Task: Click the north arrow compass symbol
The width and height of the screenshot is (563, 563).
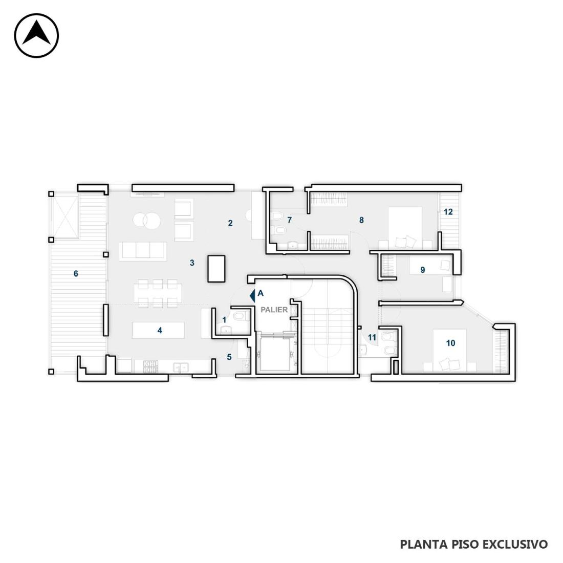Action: [x=36, y=35]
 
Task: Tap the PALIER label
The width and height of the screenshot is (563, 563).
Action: [x=274, y=310]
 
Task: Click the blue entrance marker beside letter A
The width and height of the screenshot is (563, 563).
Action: [x=252, y=295]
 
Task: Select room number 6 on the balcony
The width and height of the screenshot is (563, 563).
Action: [x=76, y=274]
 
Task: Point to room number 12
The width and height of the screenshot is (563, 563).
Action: [x=448, y=212]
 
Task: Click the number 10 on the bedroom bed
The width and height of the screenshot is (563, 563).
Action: [x=450, y=343]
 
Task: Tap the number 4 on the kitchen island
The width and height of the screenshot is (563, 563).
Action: [x=160, y=330]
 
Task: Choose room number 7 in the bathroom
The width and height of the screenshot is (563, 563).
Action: [x=289, y=220]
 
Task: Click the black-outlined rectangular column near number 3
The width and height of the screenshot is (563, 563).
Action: [x=216, y=269]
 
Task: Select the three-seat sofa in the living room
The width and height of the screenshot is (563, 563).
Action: [x=143, y=251]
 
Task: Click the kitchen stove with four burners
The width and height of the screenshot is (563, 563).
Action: [x=151, y=366]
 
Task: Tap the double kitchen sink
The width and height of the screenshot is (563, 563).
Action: [x=181, y=367]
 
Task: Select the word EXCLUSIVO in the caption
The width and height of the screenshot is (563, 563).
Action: [x=514, y=544]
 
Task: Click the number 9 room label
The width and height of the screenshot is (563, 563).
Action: [x=423, y=270]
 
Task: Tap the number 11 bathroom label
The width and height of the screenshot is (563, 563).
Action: [x=372, y=337]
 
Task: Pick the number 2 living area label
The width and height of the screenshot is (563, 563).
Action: [x=230, y=223]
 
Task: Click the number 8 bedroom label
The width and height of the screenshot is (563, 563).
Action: [x=361, y=220]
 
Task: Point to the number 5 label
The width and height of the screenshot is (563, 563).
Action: [x=229, y=357]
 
